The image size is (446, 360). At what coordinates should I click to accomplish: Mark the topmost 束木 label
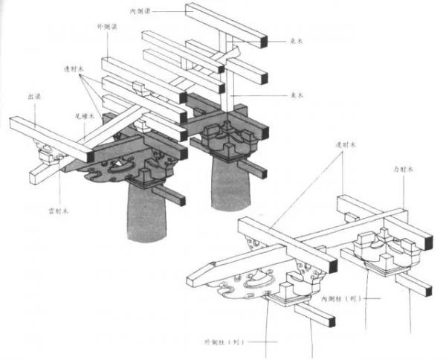tap(296, 42)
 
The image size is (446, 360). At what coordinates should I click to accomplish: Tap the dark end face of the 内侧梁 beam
tap(263, 39)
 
